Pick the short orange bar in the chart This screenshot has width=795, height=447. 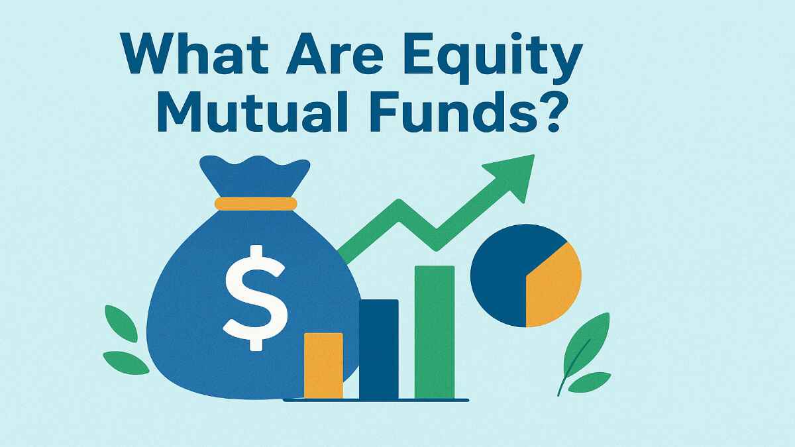coord(323,366)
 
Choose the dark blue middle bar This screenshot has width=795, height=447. coord(378,349)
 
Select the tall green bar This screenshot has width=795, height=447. coord(434,331)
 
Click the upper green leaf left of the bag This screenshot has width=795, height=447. coord(121,323)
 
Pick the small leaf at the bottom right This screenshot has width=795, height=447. coord(590,382)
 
